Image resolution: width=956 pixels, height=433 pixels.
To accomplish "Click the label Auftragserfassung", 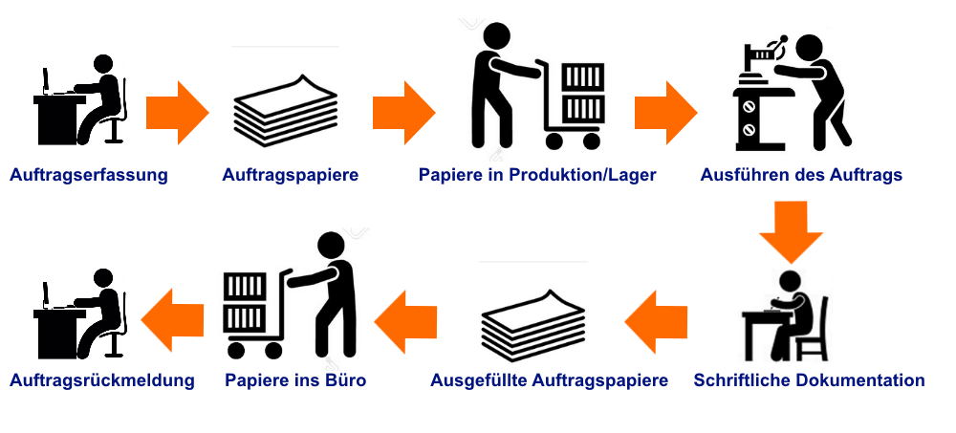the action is tap(88, 176).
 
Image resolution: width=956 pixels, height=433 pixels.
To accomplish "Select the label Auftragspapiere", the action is tap(291, 176).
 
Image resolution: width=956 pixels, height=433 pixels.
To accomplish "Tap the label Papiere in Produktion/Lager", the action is tap(537, 176).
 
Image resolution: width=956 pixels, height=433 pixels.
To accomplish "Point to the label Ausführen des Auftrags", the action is tap(801, 176).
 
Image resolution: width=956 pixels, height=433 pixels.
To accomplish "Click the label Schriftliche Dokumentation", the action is tap(809, 380).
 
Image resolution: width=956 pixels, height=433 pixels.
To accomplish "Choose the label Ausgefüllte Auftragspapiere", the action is tap(550, 380).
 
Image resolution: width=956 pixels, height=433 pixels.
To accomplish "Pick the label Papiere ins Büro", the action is tap(295, 380).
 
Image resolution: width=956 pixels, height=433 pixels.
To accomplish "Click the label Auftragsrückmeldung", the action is tap(102, 380).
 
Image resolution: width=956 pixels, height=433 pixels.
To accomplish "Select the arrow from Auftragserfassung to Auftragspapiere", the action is tap(178, 113).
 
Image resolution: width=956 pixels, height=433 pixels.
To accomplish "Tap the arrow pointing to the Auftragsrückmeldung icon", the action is tap(172, 320).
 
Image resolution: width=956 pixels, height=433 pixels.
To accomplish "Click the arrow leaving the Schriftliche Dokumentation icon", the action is tap(656, 321).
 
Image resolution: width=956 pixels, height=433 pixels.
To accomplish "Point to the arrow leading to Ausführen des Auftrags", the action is tap(665, 113).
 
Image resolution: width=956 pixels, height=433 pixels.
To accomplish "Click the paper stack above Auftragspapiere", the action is tap(286, 111).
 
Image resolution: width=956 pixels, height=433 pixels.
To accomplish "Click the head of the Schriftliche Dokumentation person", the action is tap(791, 281).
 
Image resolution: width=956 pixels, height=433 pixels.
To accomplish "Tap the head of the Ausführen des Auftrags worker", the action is tap(810, 48).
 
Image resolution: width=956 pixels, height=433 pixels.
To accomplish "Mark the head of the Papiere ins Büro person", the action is tap(331, 245).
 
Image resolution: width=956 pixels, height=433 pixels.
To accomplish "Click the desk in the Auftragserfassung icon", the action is tap(58, 119).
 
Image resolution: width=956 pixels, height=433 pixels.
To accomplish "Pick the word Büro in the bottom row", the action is tap(347, 380).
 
